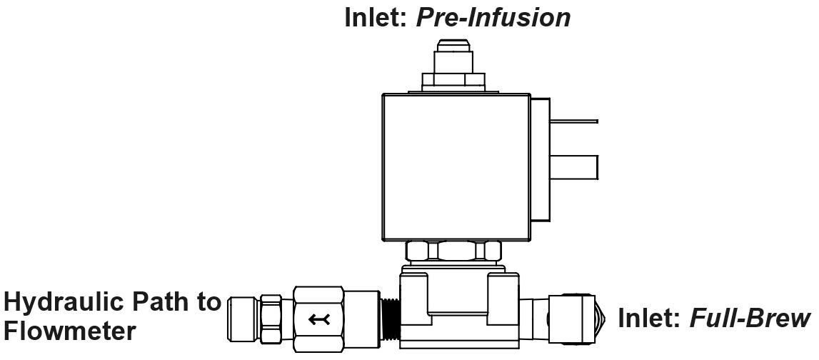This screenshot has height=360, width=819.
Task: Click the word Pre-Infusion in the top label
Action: [x=493, y=17]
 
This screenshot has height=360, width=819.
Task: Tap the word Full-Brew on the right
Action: [x=750, y=317]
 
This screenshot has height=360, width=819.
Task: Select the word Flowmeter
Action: [x=69, y=331]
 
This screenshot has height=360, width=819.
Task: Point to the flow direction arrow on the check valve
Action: [x=318, y=319]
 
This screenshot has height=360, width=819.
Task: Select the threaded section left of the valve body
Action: [x=389, y=317]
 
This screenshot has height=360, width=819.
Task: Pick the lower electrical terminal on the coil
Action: [x=574, y=169]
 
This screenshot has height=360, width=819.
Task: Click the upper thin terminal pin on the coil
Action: [x=574, y=121]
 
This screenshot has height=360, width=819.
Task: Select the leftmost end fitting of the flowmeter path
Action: [x=241, y=318]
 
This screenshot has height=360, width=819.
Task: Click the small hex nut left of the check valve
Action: [x=271, y=318]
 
